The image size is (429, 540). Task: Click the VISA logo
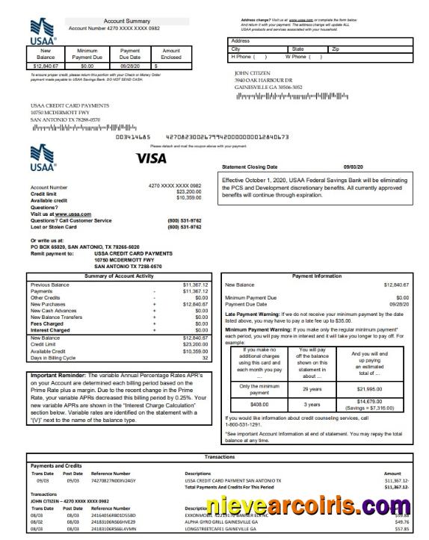click(152, 158)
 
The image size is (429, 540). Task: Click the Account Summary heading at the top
click(126, 21)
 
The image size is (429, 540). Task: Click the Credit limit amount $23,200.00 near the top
click(188, 192)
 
